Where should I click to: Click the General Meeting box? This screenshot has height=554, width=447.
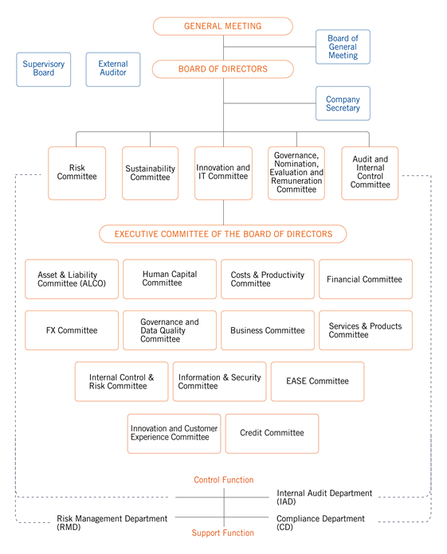(x=223, y=26)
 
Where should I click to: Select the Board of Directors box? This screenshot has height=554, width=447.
(x=223, y=69)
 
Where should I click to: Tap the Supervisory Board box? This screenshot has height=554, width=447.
(x=44, y=69)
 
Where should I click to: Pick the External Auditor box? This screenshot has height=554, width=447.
(x=113, y=69)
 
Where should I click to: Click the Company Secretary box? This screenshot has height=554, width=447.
(x=343, y=103)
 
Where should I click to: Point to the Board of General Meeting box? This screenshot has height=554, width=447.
(x=343, y=47)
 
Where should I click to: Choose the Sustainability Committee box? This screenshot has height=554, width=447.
(x=151, y=174)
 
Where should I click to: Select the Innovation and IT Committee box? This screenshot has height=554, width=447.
(x=223, y=174)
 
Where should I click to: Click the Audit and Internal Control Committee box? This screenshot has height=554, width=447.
(x=370, y=174)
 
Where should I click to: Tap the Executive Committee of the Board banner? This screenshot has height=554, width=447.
(x=223, y=234)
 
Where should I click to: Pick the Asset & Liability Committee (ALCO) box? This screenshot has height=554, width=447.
(x=72, y=279)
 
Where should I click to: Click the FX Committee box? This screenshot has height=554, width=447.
(x=72, y=330)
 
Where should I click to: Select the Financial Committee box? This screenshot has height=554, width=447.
(x=366, y=279)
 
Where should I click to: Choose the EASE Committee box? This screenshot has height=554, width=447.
(x=318, y=381)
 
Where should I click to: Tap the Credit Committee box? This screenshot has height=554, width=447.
(x=272, y=434)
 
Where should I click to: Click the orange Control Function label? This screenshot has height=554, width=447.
(x=224, y=480)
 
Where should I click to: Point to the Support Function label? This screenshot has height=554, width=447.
(x=223, y=533)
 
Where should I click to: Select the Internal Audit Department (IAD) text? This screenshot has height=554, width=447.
(x=324, y=497)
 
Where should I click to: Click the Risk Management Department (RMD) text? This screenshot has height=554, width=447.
(x=112, y=522)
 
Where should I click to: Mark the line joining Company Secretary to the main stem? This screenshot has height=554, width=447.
(x=269, y=103)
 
